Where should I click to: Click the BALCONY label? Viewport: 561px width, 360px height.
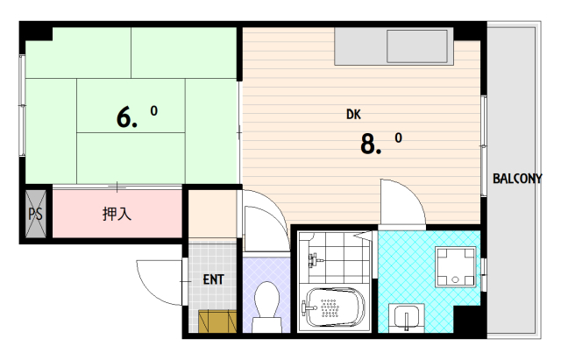(517, 178)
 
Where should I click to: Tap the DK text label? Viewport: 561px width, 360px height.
(353, 115)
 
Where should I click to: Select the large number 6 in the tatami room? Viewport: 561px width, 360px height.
(124, 117)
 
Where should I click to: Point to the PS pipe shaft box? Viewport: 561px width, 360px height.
(36, 214)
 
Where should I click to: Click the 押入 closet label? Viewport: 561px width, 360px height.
(117, 214)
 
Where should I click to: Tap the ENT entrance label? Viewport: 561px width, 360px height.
(213, 279)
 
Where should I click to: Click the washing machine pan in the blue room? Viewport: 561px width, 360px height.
(455, 267)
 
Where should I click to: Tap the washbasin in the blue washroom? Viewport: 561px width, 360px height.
(407, 317)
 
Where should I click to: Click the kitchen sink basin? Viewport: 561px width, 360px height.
(417, 46)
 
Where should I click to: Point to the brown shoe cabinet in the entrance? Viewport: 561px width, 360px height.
(217, 321)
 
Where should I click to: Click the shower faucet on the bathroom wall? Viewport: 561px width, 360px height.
(314, 260)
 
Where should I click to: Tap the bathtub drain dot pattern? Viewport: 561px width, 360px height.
(330, 308)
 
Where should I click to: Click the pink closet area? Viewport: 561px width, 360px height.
(117, 214)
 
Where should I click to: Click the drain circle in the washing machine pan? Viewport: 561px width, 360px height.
(455, 279)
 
